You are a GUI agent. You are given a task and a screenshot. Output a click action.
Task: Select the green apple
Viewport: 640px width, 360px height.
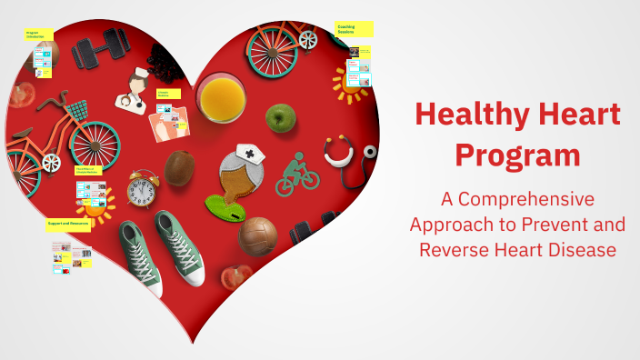click(281, 116)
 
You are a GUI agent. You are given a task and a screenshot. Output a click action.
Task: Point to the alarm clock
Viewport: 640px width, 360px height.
click(142, 189)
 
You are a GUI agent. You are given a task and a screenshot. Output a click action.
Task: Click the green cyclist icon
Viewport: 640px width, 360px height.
click(296, 175)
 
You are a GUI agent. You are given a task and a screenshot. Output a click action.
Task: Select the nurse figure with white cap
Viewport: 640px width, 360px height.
click(134, 91)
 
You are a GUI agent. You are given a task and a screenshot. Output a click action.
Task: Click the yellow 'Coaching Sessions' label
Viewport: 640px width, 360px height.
click(354, 30)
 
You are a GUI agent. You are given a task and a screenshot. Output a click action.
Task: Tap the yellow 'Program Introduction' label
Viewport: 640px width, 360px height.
click(39, 35)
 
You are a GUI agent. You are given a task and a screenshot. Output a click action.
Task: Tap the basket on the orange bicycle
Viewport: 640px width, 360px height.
click(77, 112)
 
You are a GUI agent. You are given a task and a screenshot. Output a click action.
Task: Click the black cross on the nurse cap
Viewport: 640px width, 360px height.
click(249, 151)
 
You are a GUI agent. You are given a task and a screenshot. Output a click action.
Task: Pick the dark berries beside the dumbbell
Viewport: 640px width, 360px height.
click(165, 63)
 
